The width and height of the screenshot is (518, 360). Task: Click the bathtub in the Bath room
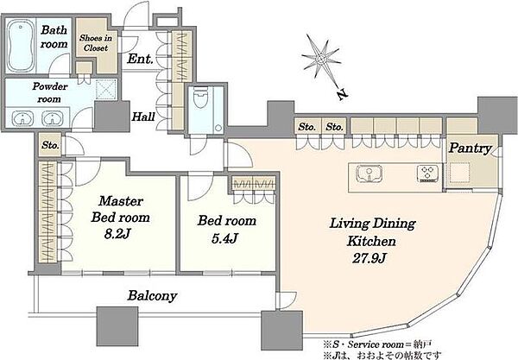21,46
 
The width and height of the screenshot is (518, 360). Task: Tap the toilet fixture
200,98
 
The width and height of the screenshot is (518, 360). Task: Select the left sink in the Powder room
22,118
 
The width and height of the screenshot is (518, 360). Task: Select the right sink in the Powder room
52,118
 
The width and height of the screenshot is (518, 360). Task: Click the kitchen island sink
370,173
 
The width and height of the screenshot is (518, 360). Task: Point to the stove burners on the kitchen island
427,173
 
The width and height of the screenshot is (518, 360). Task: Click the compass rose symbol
320,59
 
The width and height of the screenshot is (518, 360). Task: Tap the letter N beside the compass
342,94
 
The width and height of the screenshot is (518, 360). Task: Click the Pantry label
470,148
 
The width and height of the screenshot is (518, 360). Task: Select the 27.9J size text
369,258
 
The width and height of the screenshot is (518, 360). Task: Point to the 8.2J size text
117,233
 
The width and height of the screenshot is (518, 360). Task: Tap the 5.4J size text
224,238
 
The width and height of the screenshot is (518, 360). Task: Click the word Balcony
152,295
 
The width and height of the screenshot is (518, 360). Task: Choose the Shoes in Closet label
96,43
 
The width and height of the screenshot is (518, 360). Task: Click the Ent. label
140,59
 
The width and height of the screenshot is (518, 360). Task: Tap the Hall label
143,117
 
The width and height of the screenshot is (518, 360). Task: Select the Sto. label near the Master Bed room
50,145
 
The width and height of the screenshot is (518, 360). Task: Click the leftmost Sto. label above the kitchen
306,127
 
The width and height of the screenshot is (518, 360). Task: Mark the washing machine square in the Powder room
105,89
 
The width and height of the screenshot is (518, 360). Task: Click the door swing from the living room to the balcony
287,300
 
